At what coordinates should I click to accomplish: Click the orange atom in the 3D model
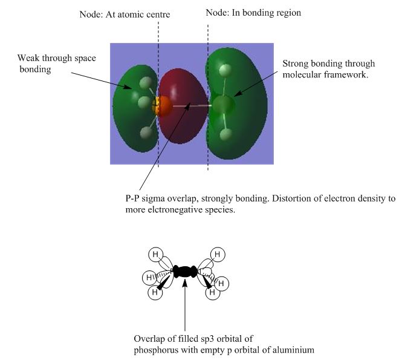162,106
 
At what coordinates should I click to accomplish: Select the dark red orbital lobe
183,105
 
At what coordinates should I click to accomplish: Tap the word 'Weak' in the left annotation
28,58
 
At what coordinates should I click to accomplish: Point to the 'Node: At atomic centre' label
125,15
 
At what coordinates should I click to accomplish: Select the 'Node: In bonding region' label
253,13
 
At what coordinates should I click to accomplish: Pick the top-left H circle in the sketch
155,254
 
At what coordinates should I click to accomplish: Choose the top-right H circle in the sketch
218,255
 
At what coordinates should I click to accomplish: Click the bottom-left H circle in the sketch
155,292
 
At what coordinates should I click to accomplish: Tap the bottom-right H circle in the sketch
213,292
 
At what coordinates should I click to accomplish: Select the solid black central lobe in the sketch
185,272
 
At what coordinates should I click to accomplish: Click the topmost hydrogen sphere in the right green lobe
225,70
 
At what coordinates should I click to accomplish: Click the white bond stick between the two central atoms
192,106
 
